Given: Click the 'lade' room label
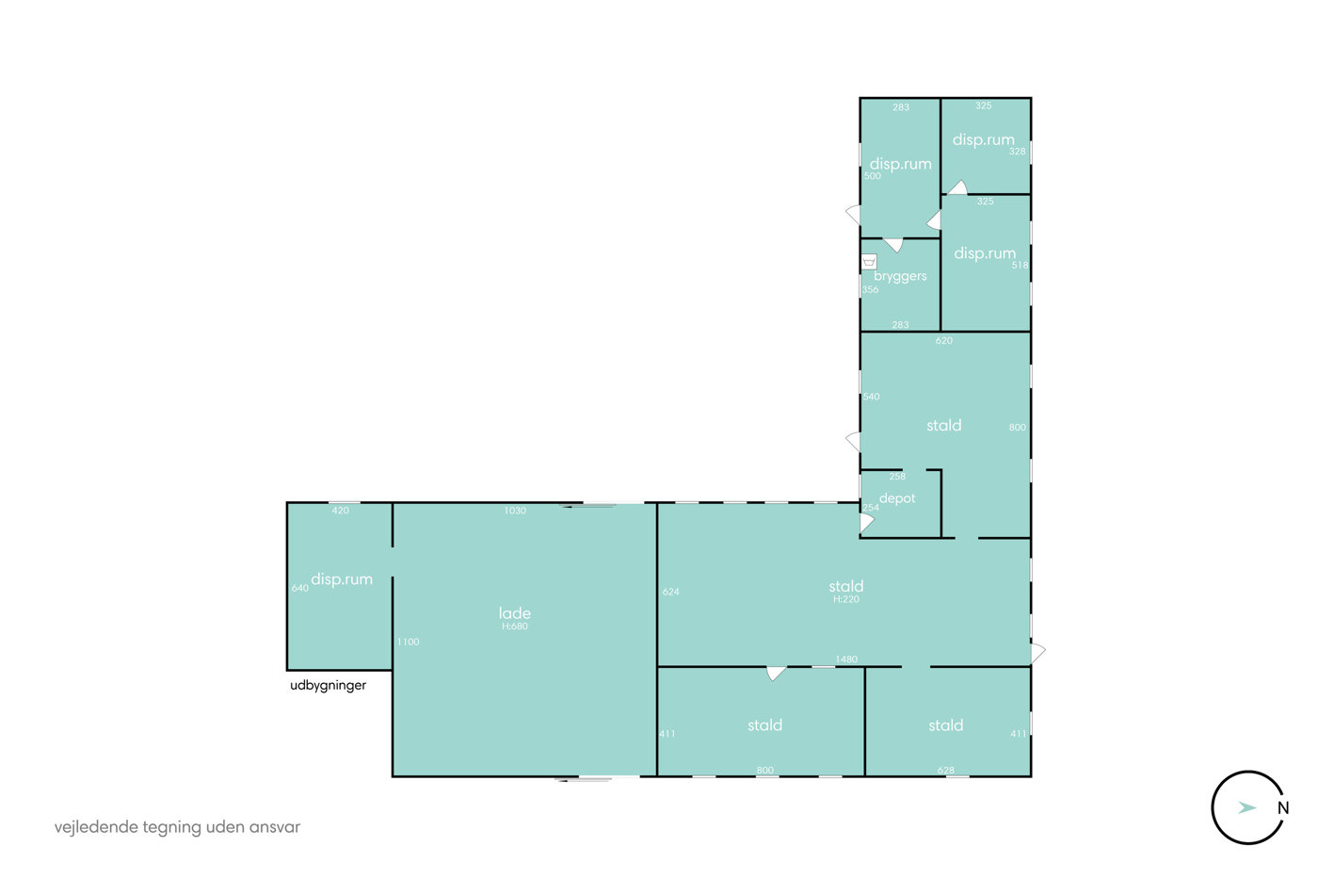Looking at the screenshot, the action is click(x=514, y=613).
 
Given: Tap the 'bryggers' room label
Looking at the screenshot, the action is click(x=900, y=276).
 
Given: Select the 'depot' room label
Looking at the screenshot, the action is click(x=897, y=498).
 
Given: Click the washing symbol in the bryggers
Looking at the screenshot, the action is click(x=869, y=261).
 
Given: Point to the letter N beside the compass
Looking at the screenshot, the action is click(x=1283, y=807).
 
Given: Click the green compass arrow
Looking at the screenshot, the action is click(x=1246, y=807).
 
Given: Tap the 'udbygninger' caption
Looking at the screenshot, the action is click(x=328, y=685).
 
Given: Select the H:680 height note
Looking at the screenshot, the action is click(x=515, y=626).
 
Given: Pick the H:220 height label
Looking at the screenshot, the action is click(x=846, y=599).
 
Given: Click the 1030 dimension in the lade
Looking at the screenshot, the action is click(x=515, y=511).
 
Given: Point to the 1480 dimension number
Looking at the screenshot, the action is click(x=846, y=659).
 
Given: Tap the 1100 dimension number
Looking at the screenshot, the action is click(x=408, y=642).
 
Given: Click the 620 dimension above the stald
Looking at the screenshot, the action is click(x=943, y=340).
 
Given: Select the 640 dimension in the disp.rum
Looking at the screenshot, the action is click(x=299, y=588).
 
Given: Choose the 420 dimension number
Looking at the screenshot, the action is click(x=340, y=511).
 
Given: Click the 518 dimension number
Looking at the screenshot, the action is click(x=1020, y=265).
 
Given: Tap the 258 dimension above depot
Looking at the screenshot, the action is click(x=897, y=476).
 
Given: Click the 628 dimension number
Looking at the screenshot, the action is click(x=945, y=770).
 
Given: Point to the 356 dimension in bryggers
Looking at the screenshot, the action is click(x=870, y=289).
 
